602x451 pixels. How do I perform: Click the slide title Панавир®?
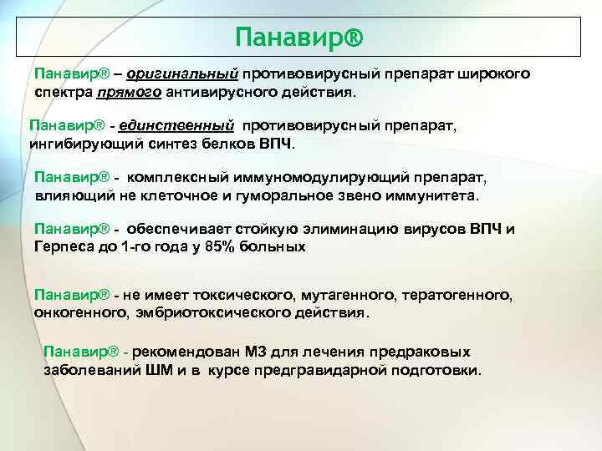point(299,37)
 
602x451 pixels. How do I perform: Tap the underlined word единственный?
point(176,125)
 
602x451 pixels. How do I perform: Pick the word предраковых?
point(426,352)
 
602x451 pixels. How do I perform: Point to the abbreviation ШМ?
point(159,369)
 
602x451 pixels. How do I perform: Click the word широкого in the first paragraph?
point(493,73)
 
